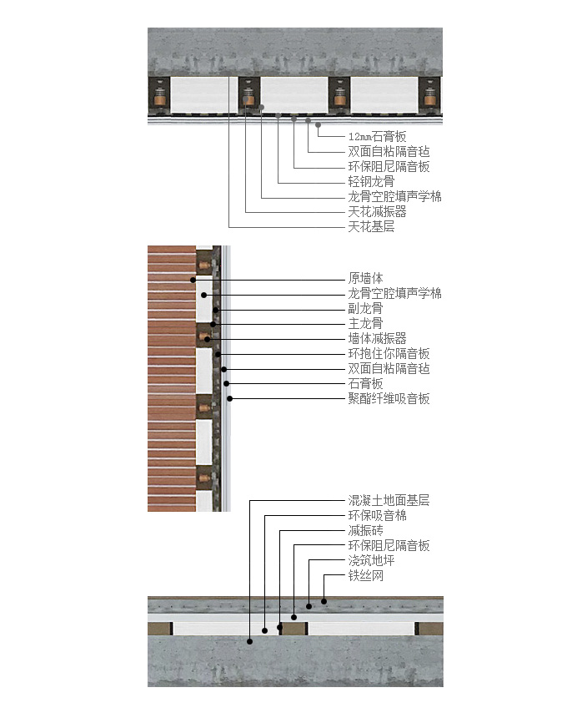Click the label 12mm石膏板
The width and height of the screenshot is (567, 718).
tap(377, 136)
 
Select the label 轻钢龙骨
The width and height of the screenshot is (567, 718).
tap(371, 181)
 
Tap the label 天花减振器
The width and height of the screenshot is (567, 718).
tap(377, 211)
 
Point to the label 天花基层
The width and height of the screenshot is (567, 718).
tap(371, 226)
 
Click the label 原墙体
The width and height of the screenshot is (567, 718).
tap(366, 278)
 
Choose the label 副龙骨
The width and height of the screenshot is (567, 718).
tap(366, 308)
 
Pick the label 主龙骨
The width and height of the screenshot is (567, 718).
tap(366, 323)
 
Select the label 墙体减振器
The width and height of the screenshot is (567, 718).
tap(377, 338)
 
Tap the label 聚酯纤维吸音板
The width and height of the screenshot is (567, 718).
tap(389, 398)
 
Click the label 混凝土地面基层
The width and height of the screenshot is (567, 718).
tap(389, 500)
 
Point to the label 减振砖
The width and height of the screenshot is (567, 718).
tap(366, 531)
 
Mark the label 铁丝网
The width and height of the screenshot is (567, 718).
tap(366, 575)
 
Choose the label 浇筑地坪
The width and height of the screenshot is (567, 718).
tap(371, 560)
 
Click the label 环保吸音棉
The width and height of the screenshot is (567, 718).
tap(377, 516)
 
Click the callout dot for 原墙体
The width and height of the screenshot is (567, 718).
tap(193, 280)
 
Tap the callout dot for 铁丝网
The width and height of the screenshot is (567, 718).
tap(324, 601)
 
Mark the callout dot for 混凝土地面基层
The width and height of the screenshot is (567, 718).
tap(249, 641)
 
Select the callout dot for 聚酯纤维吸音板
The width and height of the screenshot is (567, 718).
tap(230, 399)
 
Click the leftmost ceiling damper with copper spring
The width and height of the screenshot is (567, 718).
tap(159, 95)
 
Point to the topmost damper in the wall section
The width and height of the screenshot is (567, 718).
tap(204, 265)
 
